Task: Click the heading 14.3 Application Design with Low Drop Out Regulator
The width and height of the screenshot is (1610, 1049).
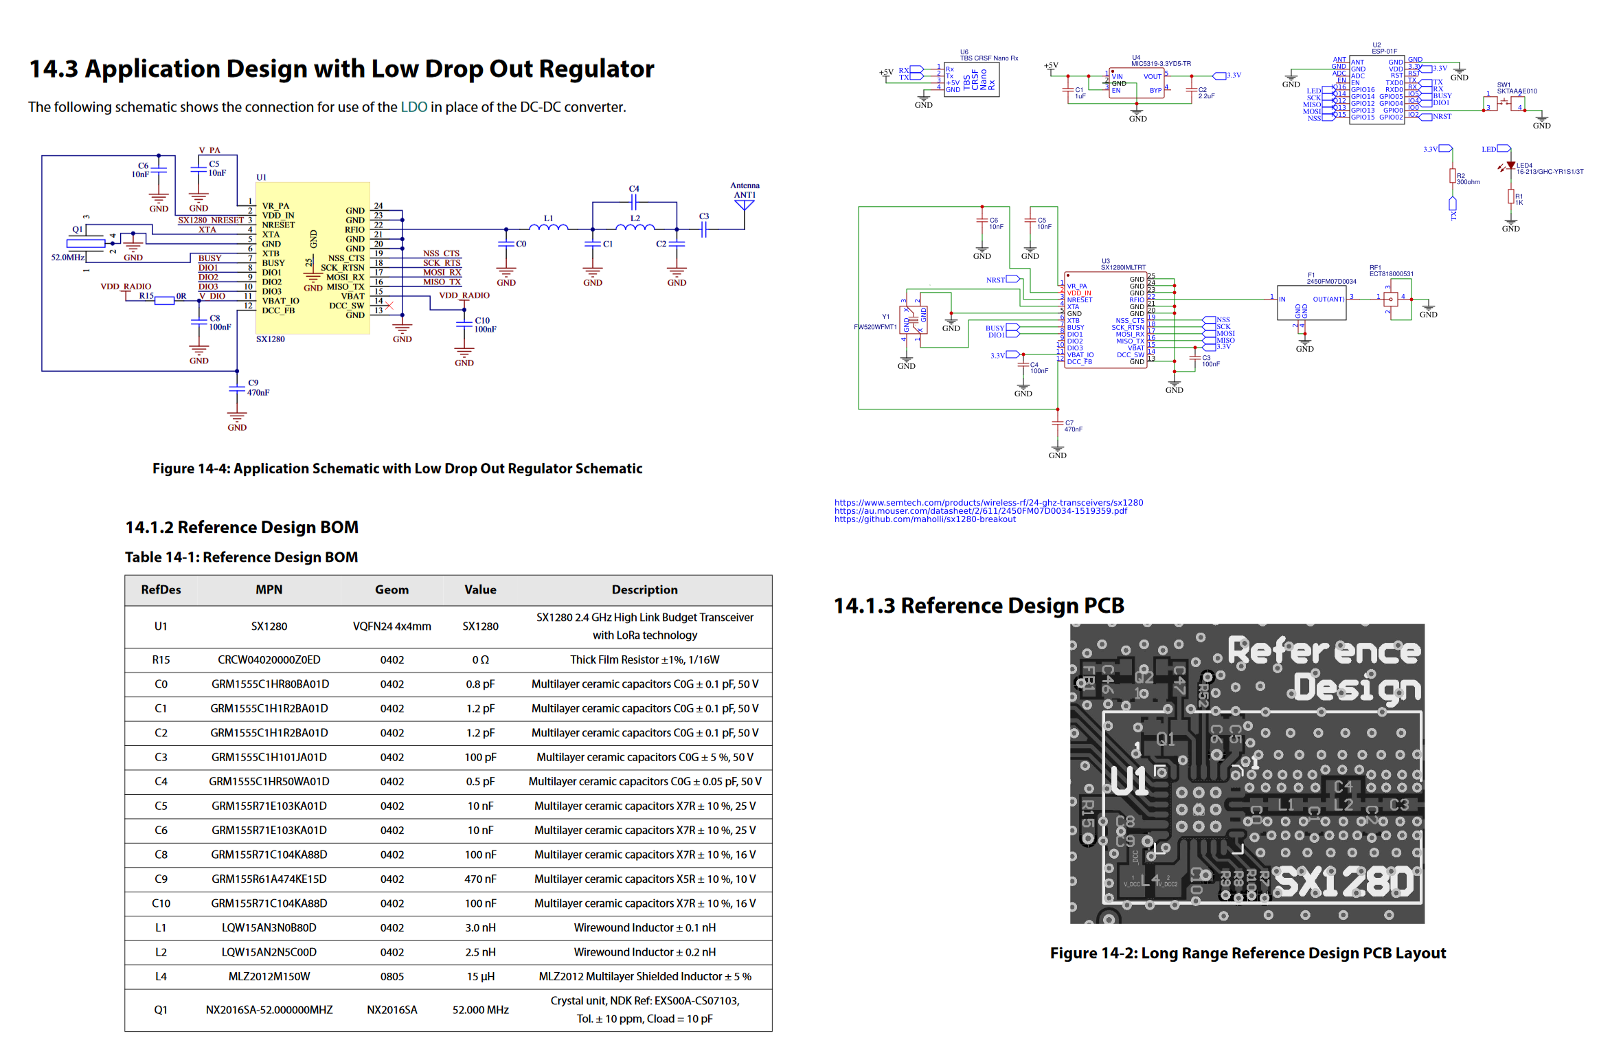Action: coord(341,69)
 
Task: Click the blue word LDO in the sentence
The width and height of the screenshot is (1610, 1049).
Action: coord(413,107)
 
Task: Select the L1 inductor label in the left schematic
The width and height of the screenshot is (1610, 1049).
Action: coord(548,218)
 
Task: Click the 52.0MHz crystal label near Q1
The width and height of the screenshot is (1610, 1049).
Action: coord(67,258)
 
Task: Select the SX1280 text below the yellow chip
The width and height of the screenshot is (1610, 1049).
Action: coord(270,339)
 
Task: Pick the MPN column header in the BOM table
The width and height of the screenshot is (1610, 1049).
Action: coord(269,589)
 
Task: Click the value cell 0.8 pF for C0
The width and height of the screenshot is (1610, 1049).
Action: coord(479,684)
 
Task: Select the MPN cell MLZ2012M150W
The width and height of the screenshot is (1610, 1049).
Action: coord(269,976)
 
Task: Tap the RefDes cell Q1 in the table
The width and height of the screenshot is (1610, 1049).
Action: coord(161,1010)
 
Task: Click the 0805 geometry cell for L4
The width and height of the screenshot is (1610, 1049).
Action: coord(392,976)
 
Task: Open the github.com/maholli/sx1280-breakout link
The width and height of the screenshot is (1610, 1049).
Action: coord(925,519)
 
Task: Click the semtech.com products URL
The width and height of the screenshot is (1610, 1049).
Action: coord(988,503)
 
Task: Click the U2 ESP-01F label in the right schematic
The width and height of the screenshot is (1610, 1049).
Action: coord(1383,48)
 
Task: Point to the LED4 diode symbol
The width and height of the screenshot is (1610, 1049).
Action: coord(1510,166)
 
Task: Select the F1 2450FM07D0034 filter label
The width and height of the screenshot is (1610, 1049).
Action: coord(1330,278)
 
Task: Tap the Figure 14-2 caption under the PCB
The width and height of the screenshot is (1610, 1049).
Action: coord(1247,953)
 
